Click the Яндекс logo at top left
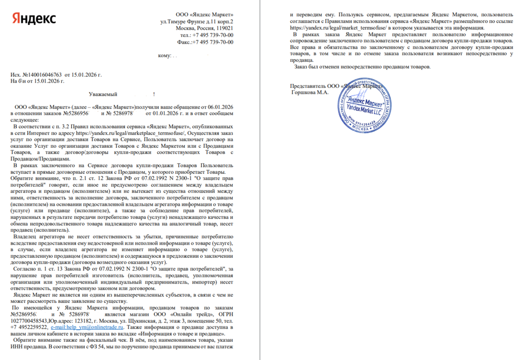(34, 19)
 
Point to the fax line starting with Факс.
(205, 42)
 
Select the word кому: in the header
(164, 56)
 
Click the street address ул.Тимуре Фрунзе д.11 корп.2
(197, 22)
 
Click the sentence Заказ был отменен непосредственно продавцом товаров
(363, 67)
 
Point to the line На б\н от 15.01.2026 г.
(38, 81)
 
